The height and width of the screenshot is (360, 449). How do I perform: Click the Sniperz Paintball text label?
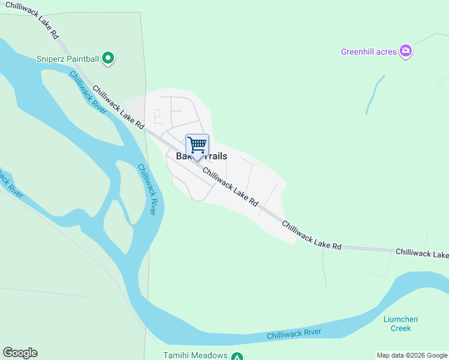point(67,58)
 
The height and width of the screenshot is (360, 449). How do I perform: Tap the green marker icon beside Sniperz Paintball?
point(108,58)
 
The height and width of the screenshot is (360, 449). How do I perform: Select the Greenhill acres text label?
point(369,52)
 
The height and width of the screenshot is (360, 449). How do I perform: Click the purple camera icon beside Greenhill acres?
point(406,51)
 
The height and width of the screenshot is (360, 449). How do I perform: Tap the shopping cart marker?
point(197,145)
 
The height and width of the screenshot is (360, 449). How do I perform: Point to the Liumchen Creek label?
point(400,324)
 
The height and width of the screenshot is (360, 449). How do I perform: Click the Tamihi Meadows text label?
point(195,355)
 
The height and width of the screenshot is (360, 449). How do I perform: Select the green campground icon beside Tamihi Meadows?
point(238,356)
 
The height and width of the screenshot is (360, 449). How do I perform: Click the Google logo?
point(20,353)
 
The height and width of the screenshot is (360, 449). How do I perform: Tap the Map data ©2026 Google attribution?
point(412,355)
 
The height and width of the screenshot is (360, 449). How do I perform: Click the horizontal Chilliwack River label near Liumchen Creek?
point(294,334)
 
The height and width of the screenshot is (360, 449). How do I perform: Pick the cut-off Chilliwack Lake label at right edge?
point(421,253)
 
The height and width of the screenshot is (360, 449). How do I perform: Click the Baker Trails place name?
point(201,156)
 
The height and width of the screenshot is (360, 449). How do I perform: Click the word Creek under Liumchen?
point(400,328)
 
